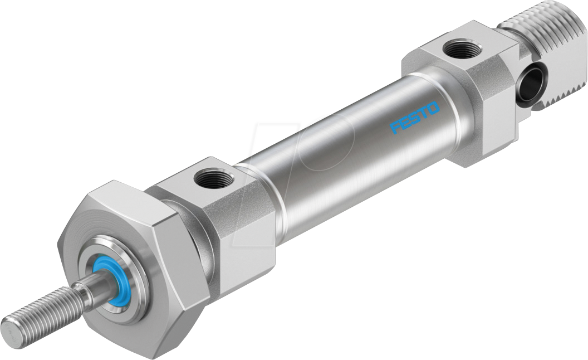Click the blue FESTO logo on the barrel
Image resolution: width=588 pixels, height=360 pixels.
(415, 118)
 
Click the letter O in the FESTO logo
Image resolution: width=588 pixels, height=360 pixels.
(433, 108)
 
